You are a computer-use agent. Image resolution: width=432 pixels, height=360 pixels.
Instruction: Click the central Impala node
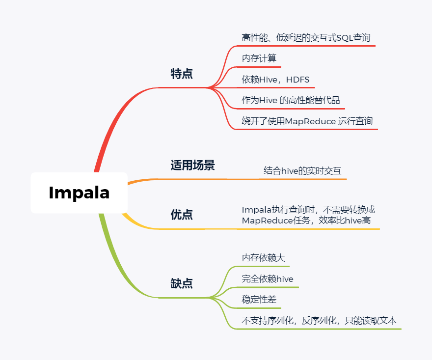[x=79, y=193]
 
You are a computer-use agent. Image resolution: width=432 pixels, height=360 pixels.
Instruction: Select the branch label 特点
[x=182, y=74]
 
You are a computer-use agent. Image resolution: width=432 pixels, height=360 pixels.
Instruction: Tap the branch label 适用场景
[x=192, y=165]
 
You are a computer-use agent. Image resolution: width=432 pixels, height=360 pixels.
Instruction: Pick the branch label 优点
[x=182, y=215]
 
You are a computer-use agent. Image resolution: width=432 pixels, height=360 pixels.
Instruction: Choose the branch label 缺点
[x=182, y=283]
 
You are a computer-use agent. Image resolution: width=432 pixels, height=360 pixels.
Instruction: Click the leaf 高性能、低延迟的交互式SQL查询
[x=306, y=38]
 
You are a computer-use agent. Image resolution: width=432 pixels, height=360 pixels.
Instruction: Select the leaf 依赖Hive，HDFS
[x=275, y=80]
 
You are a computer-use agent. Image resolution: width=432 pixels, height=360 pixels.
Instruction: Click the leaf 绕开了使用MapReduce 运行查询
[x=307, y=121]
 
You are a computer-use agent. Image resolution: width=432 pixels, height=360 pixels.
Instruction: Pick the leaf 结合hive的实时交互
[x=302, y=171]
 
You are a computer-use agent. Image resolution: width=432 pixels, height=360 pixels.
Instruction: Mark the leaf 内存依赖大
[x=263, y=258]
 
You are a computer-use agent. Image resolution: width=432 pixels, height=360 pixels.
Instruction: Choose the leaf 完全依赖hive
[x=268, y=279]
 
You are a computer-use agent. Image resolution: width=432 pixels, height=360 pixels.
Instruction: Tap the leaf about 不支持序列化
[x=319, y=321]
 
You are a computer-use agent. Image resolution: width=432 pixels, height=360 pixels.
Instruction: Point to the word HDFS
[x=297, y=80]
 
